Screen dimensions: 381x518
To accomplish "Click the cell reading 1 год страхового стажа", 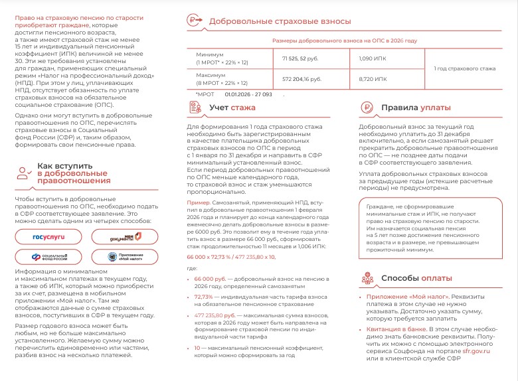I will point(464,68).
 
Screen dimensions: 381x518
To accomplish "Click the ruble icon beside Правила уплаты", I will point(367,108).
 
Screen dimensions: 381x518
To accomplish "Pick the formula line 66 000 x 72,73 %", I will point(231,256).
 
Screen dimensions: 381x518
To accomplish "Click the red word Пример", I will point(198,202).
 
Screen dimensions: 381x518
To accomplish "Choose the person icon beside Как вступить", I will point(25,173).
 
